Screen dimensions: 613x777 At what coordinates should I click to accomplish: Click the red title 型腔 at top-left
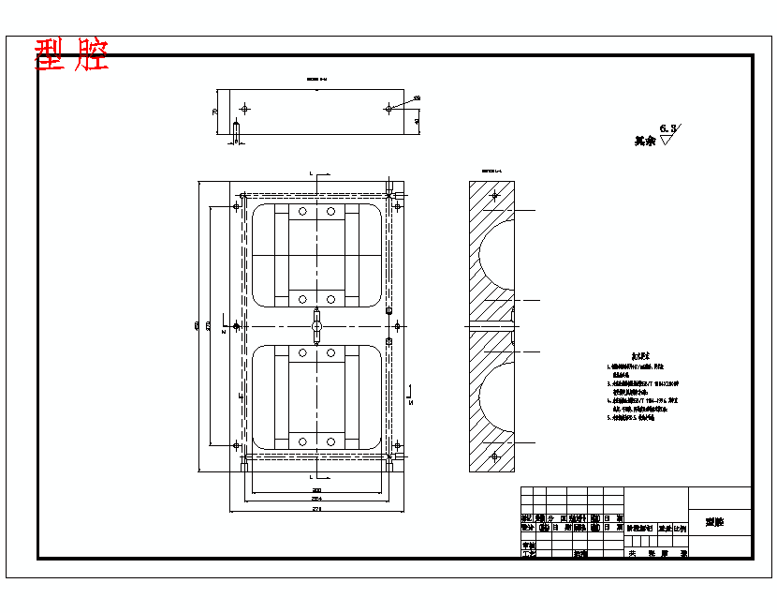pyautogui.click(x=71, y=56)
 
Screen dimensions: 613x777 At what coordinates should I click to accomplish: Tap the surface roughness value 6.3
pyautogui.click(x=668, y=127)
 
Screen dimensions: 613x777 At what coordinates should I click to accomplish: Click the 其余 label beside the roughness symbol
pyautogui.click(x=645, y=141)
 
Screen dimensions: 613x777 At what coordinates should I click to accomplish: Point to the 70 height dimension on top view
pyautogui.click(x=214, y=112)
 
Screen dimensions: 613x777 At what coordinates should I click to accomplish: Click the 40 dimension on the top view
pyautogui.click(x=417, y=122)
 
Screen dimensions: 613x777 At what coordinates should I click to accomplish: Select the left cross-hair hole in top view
pyautogui.click(x=244, y=108)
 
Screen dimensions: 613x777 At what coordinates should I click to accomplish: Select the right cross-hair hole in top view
pyautogui.click(x=388, y=108)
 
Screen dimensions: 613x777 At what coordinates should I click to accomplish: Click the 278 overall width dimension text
pyautogui.click(x=316, y=510)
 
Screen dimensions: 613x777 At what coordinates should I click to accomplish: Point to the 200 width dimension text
pyautogui.click(x=316, y=491)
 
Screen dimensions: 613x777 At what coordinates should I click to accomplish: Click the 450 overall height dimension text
pyautogui.click(x=196, y=326)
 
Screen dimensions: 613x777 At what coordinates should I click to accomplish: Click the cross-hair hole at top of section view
pyautogui.click(x=494, y=197)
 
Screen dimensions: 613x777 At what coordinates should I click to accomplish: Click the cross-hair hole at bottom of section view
pyautogui.click(x=494, y=456)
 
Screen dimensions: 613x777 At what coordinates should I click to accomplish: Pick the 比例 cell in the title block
pyautogui.click(x=679, y=529)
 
